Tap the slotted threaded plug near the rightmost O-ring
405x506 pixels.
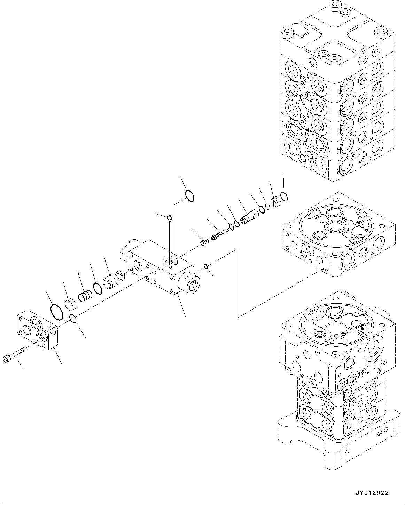click(x=277, y=202)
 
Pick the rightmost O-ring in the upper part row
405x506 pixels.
click(x=284, y=197)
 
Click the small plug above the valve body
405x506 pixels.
click(x=169, y=218)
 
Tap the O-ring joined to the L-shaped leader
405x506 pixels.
click(x=189, y=196)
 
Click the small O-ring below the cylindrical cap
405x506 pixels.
click(x=73, y=319)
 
